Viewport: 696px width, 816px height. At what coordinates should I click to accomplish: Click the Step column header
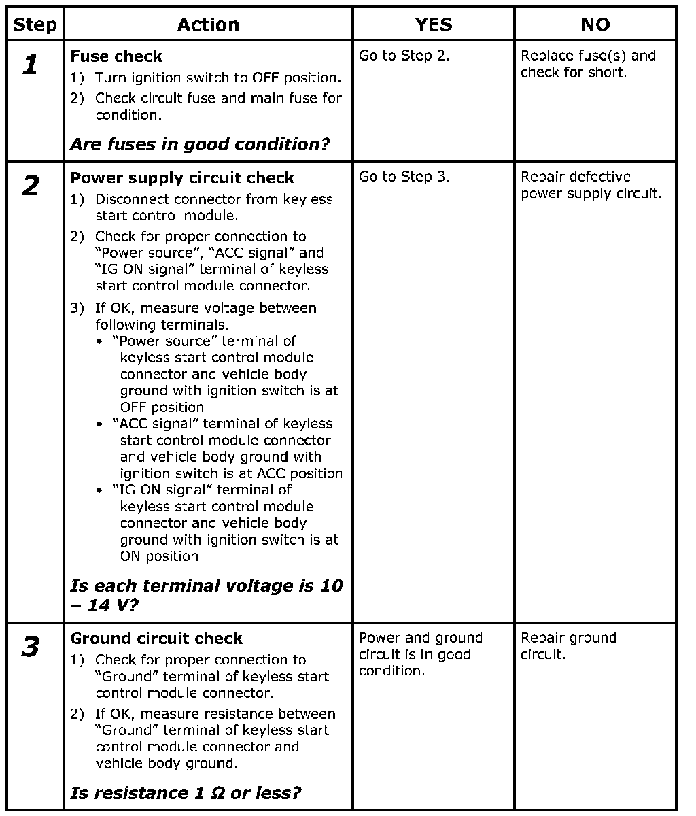click(35, 25)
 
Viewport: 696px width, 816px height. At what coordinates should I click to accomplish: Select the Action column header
click(208, 25)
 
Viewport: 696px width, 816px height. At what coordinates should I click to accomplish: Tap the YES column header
click(433, 25)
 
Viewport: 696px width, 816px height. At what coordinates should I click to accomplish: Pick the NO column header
click(595, 25)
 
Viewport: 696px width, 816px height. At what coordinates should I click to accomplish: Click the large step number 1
click(30, 65)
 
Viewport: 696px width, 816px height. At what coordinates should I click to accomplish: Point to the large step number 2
click(31, 186)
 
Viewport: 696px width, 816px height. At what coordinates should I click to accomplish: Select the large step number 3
click(31, 647)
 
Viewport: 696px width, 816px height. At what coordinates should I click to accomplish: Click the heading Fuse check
click(116, 56)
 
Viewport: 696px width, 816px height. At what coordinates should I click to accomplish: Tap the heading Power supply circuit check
click(182, 178)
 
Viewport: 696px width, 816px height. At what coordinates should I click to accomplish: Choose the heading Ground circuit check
click(156, 639)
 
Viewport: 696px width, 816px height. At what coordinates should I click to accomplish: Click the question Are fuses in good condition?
click(200, 144)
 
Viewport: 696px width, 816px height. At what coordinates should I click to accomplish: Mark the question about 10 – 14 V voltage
click(206, 595)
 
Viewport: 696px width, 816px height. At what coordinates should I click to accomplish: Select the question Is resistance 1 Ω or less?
click(186, 793)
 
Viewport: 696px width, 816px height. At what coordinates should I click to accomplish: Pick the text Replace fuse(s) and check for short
click(588, 64)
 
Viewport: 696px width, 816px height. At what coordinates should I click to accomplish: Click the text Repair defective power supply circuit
click(591, 185)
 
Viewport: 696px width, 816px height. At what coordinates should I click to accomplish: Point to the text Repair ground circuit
click(568, 646)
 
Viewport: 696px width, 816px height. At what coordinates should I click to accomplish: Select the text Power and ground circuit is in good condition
click(420, 654)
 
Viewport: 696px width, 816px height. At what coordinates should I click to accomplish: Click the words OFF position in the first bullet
click(162, 407)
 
